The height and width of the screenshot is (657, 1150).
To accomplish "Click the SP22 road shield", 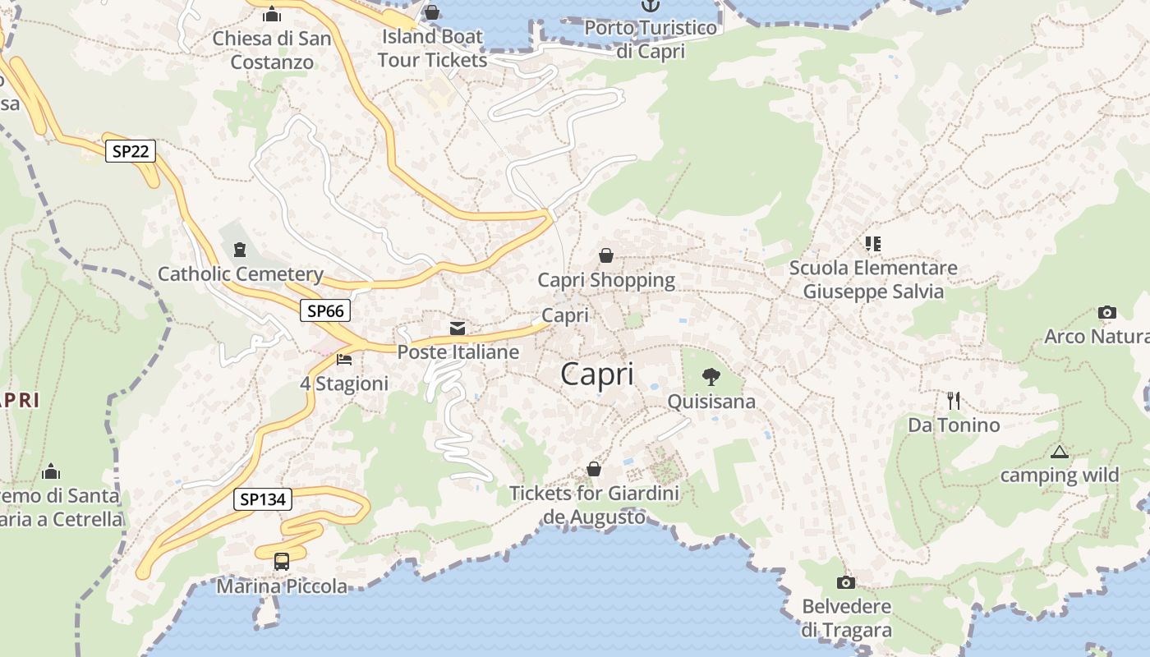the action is coord(131,151).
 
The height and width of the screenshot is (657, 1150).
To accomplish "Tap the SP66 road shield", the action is coord(325,310).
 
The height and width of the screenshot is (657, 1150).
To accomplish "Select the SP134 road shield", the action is coord(263,499).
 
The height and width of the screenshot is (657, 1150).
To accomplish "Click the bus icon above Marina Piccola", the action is coord(282,562).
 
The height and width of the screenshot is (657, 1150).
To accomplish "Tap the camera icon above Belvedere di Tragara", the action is coord(845,582).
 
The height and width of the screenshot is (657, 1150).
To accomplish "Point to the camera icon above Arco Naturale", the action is coord(1106,312).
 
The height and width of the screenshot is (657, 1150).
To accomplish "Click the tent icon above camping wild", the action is coord(1060,452).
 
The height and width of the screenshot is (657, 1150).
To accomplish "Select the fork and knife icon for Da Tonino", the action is coord(953,401).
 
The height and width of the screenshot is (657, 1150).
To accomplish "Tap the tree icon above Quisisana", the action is coord(711,377).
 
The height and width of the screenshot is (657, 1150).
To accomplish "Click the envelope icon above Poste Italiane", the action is coord(458,328).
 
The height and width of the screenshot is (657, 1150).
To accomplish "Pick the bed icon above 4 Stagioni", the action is coord(344,360).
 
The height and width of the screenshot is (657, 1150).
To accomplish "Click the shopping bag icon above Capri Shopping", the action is coord(606,255).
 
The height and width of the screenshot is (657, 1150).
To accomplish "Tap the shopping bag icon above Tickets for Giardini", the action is coord(594,469).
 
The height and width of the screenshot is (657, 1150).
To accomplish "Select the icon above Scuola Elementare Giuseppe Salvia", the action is coord(872,243).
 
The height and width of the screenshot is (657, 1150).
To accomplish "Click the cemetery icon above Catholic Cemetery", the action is coord(240,249).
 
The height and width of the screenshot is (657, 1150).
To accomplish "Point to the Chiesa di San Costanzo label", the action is coord(272,50).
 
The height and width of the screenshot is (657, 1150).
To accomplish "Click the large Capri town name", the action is coord(597,374).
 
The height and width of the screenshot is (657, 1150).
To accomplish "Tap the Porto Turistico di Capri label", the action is coord(651,39).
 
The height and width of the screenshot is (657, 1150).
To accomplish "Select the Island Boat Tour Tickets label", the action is coord(432,48).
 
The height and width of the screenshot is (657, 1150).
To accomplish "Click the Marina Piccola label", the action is coord(282,586).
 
